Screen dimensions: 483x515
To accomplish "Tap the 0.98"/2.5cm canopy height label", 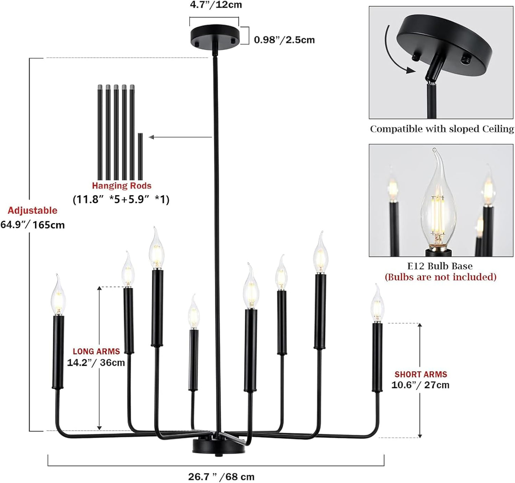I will [x=284, y=40].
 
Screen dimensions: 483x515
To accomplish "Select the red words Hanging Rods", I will [x=122, y=185].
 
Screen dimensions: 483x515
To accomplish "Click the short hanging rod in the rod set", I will [x=140, y=156].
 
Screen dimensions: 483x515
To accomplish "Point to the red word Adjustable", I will [x=32, y=210].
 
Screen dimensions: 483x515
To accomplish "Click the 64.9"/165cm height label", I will [x=32, y=225].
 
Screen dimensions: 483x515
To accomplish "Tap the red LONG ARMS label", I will [x=96, y=352].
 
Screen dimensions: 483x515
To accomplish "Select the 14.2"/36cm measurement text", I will [x=96, y=363].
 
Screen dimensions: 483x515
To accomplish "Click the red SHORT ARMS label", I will [x=421, y=374].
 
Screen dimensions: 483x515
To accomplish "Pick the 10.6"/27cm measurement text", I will [x=421, y=385].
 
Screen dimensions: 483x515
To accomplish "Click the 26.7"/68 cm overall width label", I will [x=221, y=477].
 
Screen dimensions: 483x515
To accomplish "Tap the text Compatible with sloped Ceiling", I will [x=442, y=129].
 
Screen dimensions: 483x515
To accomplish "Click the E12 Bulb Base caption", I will [x=440, y=266].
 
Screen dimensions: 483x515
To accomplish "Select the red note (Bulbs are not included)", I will [x=440, y=277].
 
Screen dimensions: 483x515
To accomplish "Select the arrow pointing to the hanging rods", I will [x=180, y=137].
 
